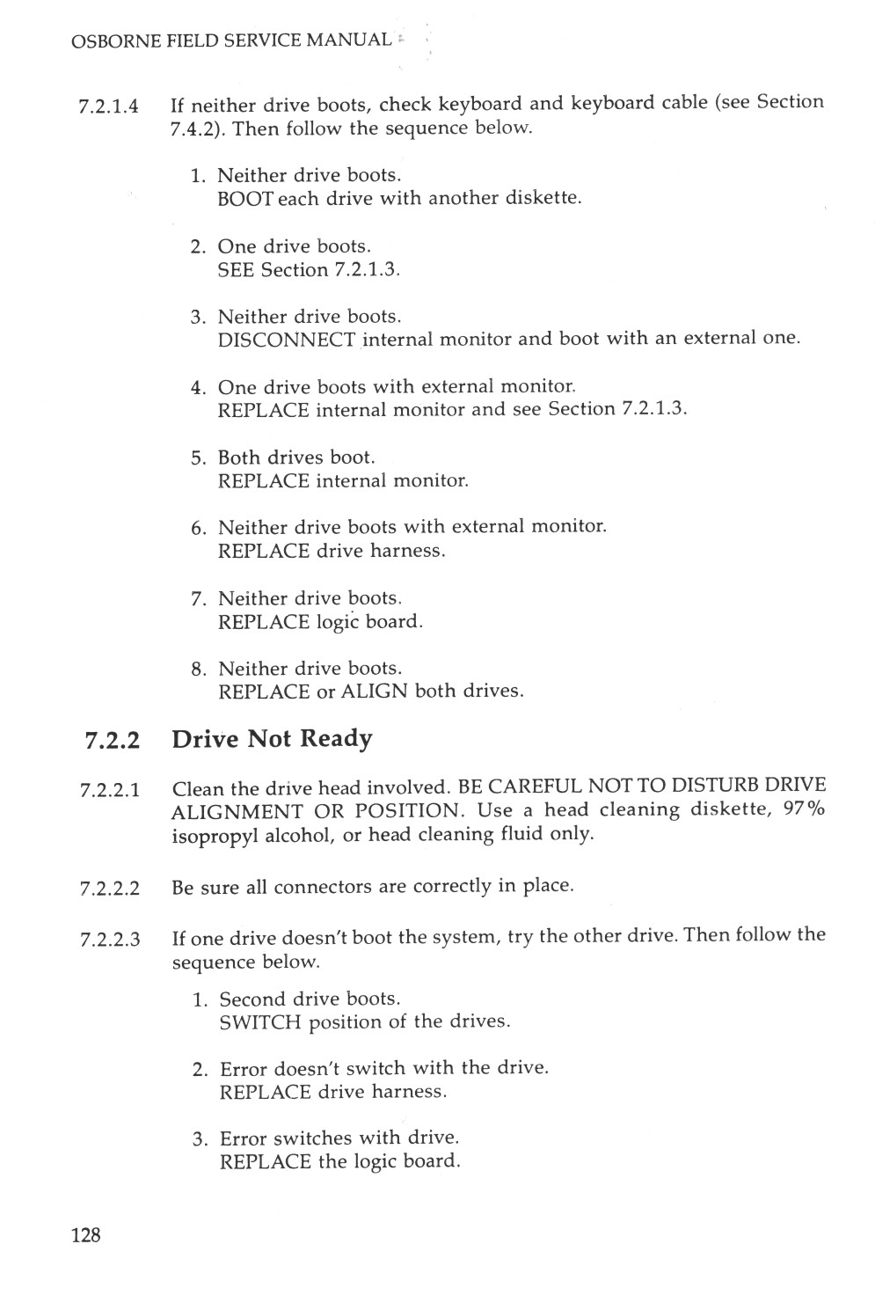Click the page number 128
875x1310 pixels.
tap(85, 1235)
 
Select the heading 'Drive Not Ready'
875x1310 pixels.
tap(272, 738)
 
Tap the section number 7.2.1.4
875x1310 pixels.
tap(109, 107)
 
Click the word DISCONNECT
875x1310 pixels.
tap(286, 340)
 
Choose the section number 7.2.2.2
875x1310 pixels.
tap(109, 889)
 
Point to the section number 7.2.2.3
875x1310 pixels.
tap(109, 940)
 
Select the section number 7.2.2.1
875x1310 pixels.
tap(109, 790)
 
